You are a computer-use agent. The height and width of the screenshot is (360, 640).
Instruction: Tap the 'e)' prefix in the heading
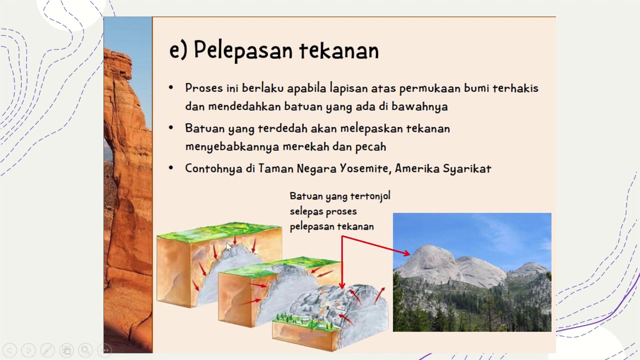(x=177, y=50)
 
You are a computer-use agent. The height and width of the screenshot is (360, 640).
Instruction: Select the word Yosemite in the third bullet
(x=364, y=168)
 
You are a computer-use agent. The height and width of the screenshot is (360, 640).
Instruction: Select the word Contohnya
(x=213, y=168)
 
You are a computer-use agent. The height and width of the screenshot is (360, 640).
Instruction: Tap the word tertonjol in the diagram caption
(x=370, y=196)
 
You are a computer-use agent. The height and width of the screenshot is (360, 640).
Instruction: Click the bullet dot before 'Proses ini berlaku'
(x=171, y=88)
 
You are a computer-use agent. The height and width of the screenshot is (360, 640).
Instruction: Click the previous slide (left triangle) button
(x=9, y=350)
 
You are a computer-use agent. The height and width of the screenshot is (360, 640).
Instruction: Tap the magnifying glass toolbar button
(x=85, y=350)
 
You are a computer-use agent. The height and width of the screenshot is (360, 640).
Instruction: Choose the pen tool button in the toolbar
(x=47, y=350)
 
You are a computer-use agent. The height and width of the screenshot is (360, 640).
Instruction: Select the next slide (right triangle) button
(x=28, y=350)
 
